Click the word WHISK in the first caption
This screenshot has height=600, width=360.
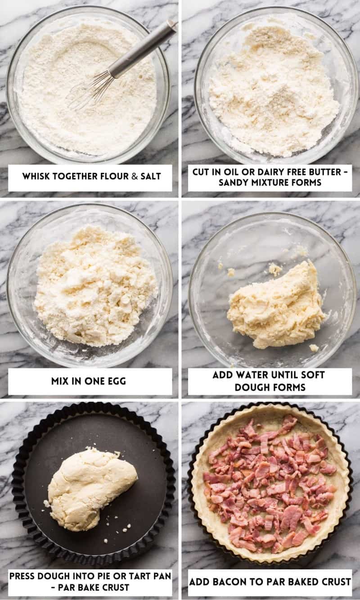coord(36,176)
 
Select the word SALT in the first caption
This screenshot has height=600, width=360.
coord(151,176)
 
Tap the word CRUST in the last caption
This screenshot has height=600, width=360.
coord(336,582)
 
